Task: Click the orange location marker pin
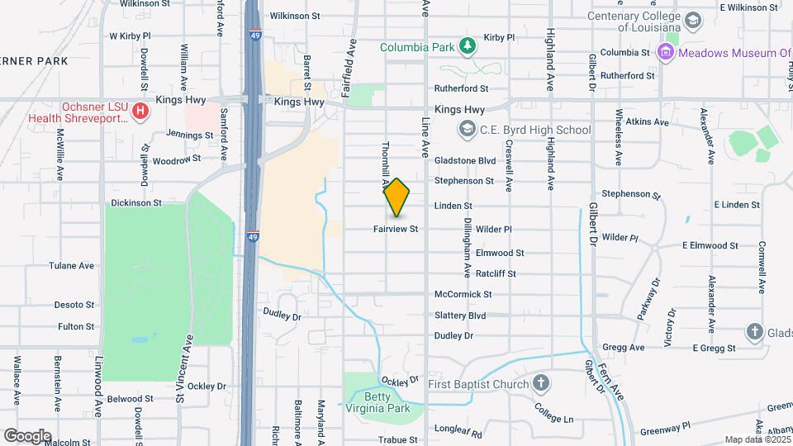[x=397, y=197]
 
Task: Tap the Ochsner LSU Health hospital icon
[x=140, y=110]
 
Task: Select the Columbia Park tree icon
[x=468, y=45]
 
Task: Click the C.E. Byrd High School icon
[x=468, y=129]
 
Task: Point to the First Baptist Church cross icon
[x=540, y=383]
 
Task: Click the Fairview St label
[x=396, y=229]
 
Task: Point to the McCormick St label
[x=463, y=294]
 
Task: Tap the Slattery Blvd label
[x=460, y=316]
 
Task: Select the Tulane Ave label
[x=75, y=266]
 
